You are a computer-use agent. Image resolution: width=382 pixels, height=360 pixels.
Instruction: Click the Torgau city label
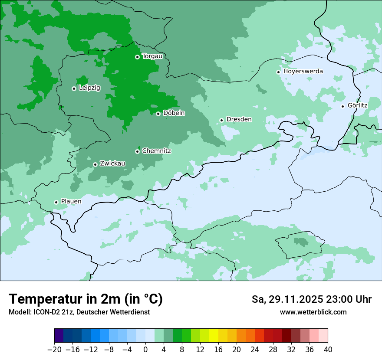pos(152,56)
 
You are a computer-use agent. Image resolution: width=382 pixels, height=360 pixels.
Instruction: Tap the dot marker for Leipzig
pos(74,88)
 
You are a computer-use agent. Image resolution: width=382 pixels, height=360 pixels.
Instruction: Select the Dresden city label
pos(239,119)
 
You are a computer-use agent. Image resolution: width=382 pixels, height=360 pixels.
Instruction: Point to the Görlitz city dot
pos(342,106)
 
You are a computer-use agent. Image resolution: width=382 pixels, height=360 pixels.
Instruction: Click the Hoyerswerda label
pos(303,71)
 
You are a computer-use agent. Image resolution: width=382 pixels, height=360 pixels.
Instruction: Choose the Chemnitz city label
pos(156,151)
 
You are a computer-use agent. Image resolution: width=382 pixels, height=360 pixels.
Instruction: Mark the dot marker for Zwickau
pos(95,164)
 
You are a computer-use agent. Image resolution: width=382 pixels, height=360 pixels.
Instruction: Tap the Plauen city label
pos(71,202)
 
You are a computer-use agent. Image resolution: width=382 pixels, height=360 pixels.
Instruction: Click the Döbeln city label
pos(174,113)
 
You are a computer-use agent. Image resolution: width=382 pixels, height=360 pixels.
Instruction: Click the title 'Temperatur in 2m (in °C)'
pos(86,299)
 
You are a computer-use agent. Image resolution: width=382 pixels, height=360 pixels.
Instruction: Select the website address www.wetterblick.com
pos(313,312)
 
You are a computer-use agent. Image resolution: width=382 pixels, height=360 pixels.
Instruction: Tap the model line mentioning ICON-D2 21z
pos(79,312)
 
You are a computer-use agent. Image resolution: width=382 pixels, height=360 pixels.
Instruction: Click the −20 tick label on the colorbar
pos(54,350)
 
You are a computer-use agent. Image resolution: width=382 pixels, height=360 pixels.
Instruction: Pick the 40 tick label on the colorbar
pos(328,350)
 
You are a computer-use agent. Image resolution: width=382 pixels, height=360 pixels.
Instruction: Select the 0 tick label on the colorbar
pos(145,350)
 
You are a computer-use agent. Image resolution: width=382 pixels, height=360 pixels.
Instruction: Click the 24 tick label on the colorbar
pos(255,350)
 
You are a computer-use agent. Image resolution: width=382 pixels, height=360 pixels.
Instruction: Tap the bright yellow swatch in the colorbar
pos(214,336)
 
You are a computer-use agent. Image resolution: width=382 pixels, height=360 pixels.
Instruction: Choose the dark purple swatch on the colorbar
pos(59,336)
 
